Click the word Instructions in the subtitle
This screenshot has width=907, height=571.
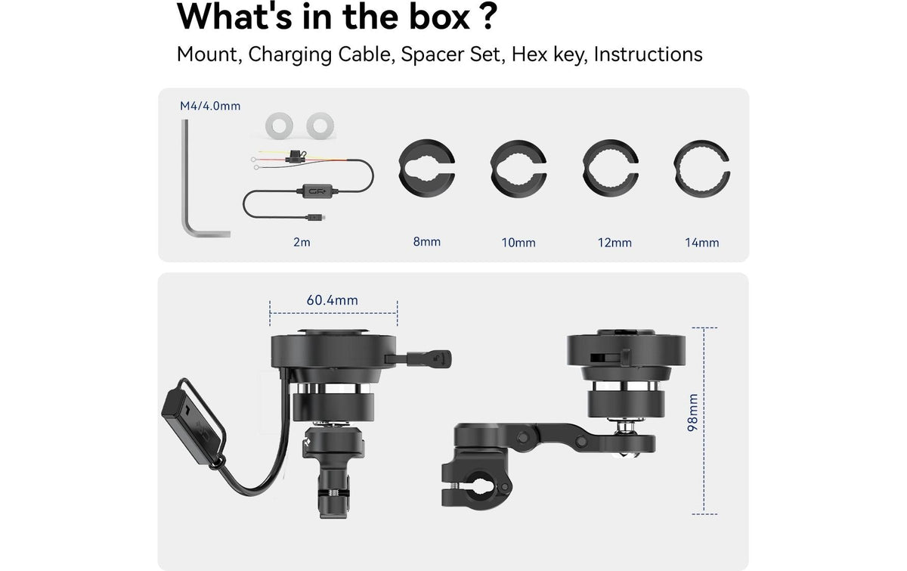pyautogui.click(x=648, y=54)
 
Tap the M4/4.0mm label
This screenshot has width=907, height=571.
pyautogui.click(x=210, y=106)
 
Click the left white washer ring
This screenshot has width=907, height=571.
pyautogui.click(x=279, y=126)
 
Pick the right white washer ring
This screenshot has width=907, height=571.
pyautogui.click(x=320, y=126)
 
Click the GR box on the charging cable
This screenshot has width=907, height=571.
pyautogui.click(x=317, y=191)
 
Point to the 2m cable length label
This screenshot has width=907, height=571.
pyautogui.click(x=302, y=242)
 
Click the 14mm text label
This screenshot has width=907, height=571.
pyautogui.click(x=701, y=243)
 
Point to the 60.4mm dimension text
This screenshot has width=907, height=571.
pyautogui.click(x=332, y=300)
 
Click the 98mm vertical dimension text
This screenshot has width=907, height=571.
pyautogui.click(x=693, y=412)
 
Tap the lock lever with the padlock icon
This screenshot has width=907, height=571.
pyautogui.click(x=429, y=358)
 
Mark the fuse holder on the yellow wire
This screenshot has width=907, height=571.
pyautogui.click(x=296, y=156)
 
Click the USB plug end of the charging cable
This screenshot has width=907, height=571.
pyautogui.click(x=316, y=218)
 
